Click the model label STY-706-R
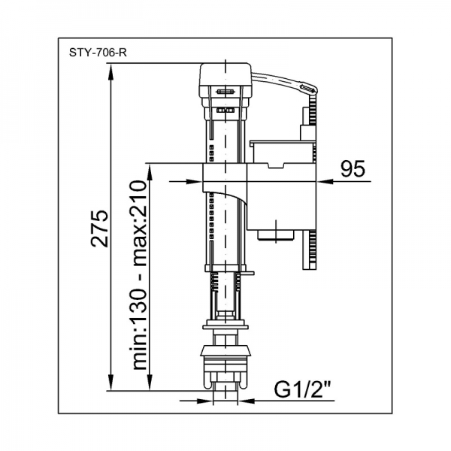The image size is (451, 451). [x=98, y=53]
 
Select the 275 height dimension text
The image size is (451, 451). [x=99, y=229]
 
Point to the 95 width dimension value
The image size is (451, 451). [x=353, y=169]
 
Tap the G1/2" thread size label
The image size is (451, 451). [x=302, y=389]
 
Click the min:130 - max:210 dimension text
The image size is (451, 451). [x=140, y=275]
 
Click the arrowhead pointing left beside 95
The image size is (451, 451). [x=325, y=181]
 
